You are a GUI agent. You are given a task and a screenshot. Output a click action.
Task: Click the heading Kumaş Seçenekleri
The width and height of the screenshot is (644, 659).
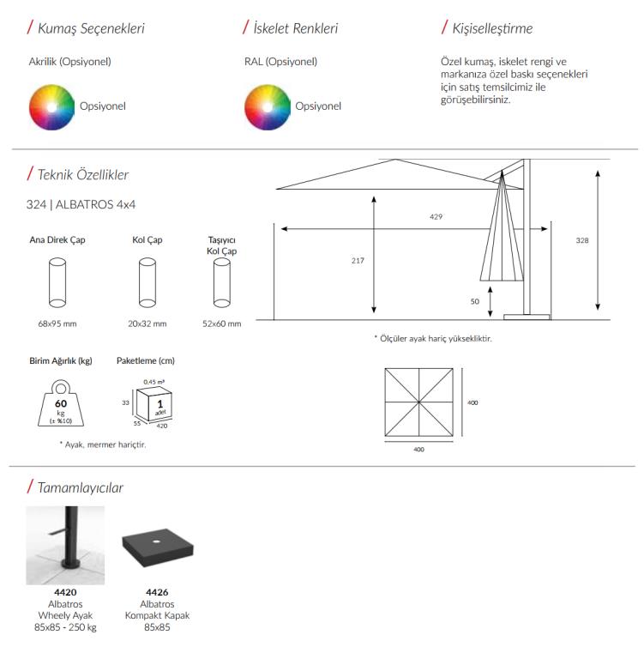(91, 28)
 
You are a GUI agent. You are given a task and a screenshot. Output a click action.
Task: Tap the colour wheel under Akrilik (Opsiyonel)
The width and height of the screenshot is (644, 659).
(52, 106)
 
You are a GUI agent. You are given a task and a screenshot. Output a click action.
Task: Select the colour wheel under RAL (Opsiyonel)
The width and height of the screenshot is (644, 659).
(268, 106)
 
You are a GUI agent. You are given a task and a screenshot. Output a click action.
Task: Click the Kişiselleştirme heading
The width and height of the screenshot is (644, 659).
(492, 28)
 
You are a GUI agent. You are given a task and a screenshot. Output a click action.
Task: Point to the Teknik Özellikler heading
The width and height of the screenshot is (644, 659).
(82, 175)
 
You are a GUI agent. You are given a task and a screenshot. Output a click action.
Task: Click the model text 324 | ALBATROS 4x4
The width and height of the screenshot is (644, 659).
(81, 205)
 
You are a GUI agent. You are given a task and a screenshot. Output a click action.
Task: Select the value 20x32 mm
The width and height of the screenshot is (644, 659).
(147, 324)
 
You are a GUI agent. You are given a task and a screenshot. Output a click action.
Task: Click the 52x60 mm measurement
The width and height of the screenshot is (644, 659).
(222, 324)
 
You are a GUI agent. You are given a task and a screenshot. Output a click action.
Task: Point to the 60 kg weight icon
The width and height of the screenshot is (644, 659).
(61, 403)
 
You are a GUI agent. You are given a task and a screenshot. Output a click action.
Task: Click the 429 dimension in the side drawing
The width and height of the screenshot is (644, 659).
(436, 217)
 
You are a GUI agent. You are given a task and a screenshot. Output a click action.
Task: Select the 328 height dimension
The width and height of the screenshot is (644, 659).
(582, 241)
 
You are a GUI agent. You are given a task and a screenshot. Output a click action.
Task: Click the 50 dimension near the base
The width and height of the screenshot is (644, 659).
(474, 302)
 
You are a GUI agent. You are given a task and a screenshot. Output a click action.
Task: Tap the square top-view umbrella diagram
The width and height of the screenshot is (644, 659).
(418, 402)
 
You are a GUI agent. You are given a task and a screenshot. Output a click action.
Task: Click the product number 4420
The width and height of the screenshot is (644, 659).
(65, 592)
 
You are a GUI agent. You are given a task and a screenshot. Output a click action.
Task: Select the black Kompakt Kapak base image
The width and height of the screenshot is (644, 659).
(156, 546)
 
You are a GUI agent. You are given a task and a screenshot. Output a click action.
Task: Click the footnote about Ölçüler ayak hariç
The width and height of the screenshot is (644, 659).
(433, 339)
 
